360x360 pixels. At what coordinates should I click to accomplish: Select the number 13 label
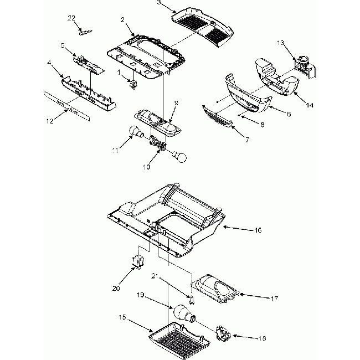point(281,43)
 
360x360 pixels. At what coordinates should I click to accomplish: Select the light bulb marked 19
point(183,316)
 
